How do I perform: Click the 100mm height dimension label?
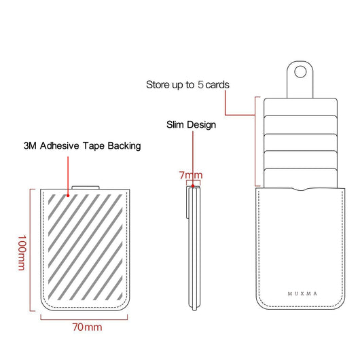[x=22, y=253]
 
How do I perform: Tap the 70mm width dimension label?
[x=87, y=327]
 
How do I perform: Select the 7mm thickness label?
[x=191, y=175]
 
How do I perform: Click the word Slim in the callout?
[x=175, y=125]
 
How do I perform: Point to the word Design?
[x=200, y=125]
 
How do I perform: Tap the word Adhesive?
[x=60, y=146]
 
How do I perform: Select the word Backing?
[x=124, y=146]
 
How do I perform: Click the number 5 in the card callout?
[x=200, y=84]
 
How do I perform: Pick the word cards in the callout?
[x=217, y=85]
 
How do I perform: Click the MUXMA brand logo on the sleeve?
[x=302, y=293]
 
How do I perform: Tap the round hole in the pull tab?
[x=300, y=71]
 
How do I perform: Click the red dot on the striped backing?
[x=68, y=196]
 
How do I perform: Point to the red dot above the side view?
[x=193, y=185]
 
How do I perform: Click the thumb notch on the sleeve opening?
[x=300, y=190]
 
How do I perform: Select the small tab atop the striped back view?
[x=86, y=187]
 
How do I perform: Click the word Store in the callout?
[x=158, y=84]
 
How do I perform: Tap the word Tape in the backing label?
[x=94, y=146]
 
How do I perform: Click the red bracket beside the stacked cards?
[x=255, y=141]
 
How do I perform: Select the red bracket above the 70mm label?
[x=84, y=319]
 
